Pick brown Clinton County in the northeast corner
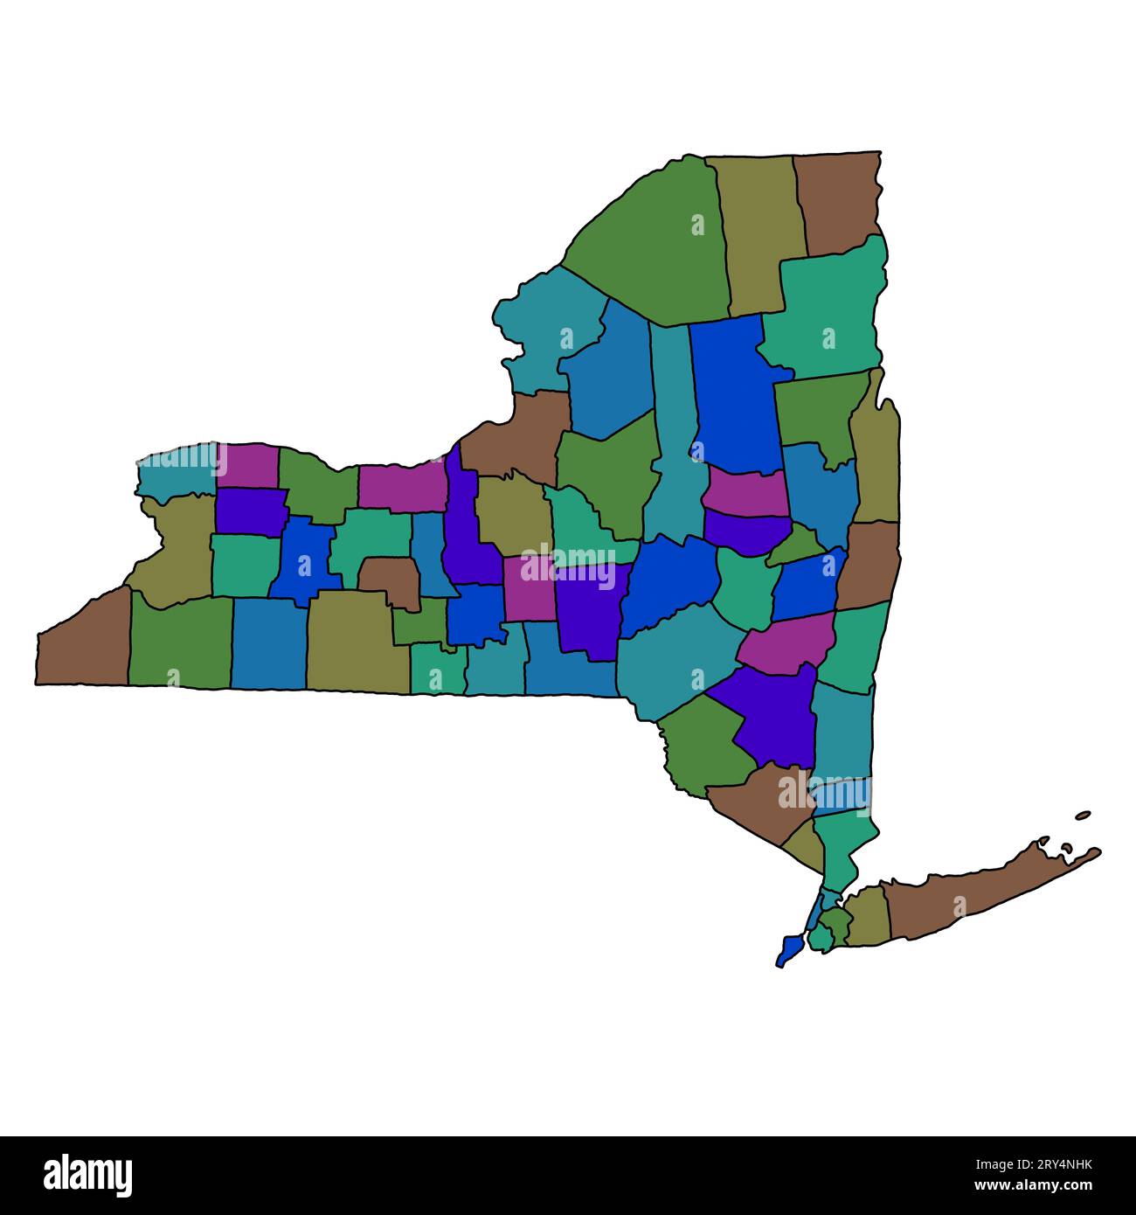point(837,201)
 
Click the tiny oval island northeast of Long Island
point(1083,815)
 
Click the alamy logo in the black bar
point(88,1175)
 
